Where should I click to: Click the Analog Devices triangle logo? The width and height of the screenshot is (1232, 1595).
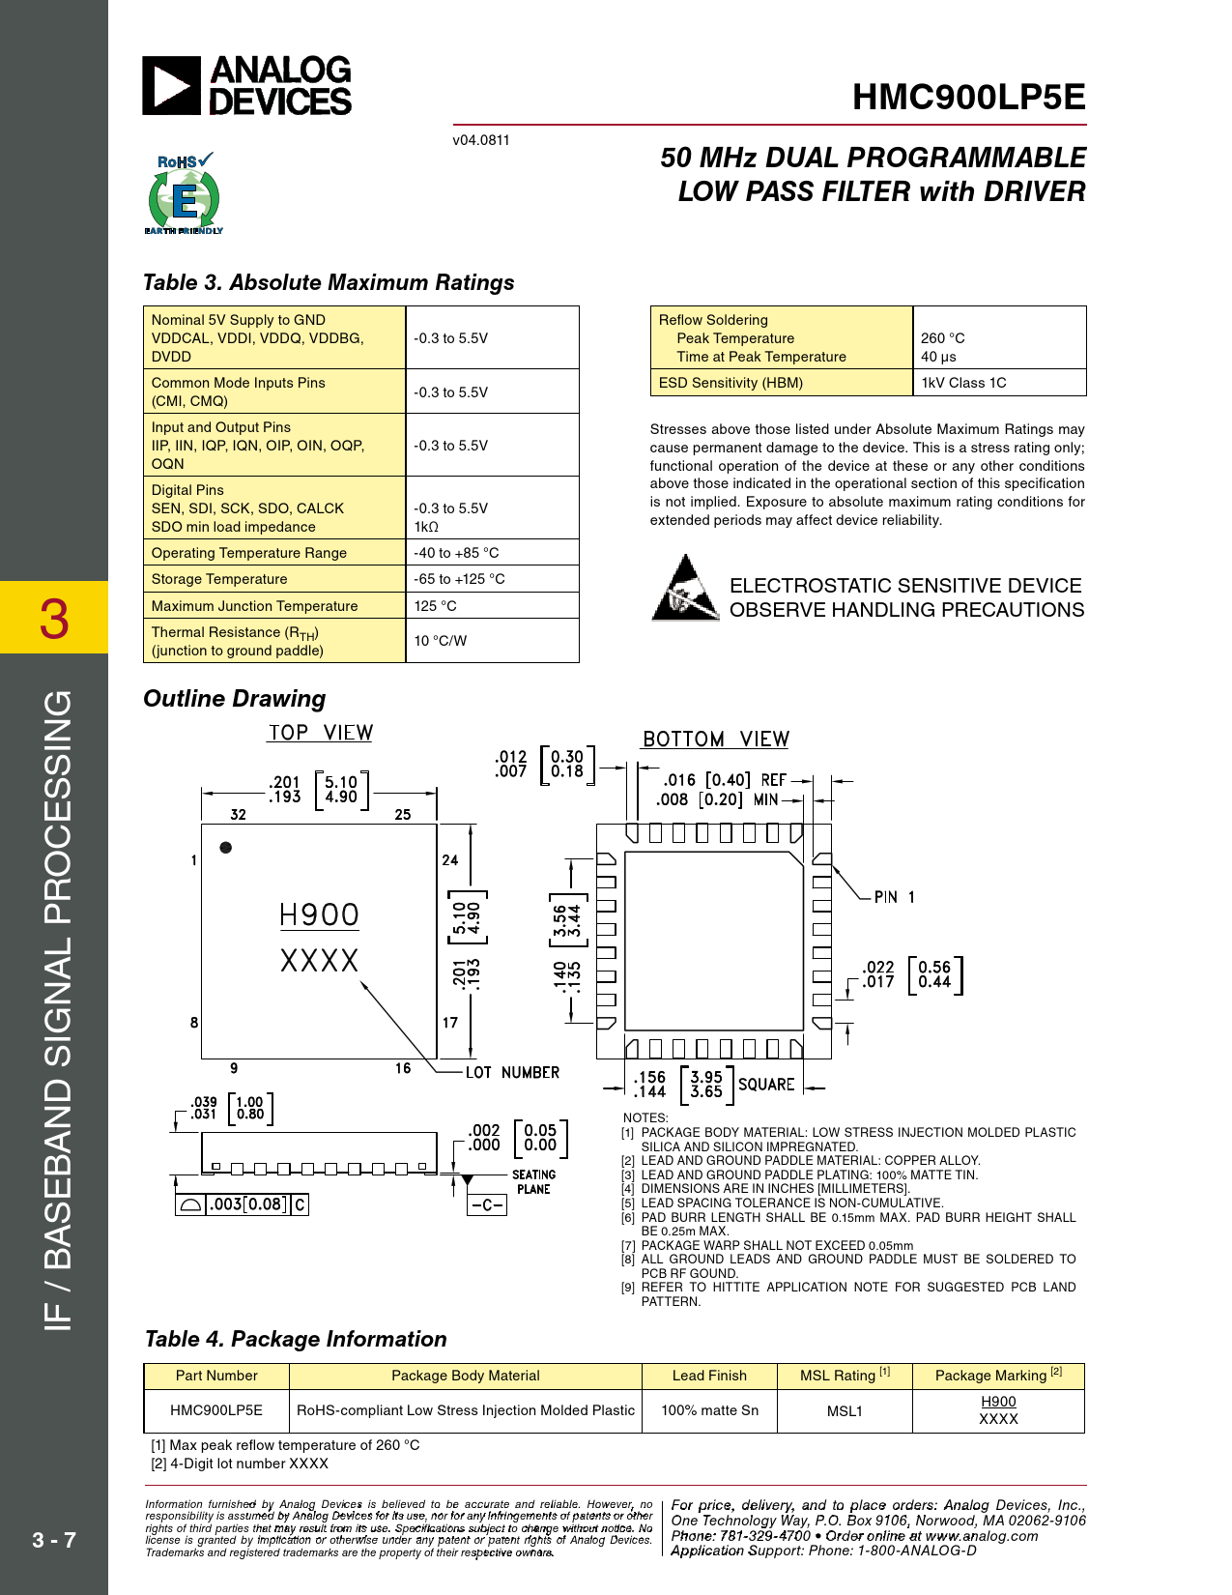click(171, 85)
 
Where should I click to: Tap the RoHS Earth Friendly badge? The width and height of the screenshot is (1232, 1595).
click(184, 193)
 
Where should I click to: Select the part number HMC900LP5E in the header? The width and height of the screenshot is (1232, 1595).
click(968, 97)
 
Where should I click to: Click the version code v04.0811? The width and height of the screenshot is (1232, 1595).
click(480, 140)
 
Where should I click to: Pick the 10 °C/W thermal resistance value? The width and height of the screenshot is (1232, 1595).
click(441, 641)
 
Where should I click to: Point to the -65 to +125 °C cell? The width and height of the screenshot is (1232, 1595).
click(459, 579)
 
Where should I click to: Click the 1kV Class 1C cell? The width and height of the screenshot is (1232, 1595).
click(963, 383)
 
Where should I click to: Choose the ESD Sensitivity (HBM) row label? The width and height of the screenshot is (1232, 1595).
click(731, 383)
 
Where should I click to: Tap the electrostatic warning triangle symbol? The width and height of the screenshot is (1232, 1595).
click(685, 588)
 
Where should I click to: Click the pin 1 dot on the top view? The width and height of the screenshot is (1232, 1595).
click(226, 848)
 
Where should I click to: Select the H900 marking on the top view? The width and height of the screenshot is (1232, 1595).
click(319, 915)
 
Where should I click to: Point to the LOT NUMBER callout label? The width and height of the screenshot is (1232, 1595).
click(512, 1072)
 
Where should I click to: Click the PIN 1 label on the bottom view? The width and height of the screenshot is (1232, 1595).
click(895, 897)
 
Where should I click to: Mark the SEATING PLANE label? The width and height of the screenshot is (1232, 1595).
click(533, 1182)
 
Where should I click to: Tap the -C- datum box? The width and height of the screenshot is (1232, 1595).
click(486, 1205)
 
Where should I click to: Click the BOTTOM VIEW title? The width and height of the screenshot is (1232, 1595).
click(715, 739)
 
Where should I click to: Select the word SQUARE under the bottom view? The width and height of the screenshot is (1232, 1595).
click(766, 1085)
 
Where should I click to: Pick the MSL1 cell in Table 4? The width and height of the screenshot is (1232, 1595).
click(845, 1410)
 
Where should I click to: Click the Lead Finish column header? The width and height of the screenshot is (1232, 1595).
click(709, 1376)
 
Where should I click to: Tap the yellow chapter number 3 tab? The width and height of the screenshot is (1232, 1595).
click(54, 618)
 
